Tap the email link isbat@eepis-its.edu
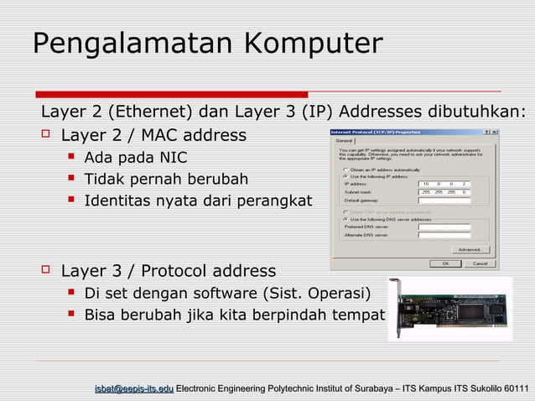tap(134, 388)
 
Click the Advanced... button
tap(470, 249)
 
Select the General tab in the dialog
tap(345, 141)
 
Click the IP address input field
tap(444, 184)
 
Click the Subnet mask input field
tap(444, 192)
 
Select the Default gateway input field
tap(444, 200)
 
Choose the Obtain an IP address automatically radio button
tap(345, 169)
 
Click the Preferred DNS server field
tap(444, 227)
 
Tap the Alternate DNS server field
tap(444, 236)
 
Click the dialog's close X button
tap(494, 133)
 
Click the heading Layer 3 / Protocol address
tap(169, 271)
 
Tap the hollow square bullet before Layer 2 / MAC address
tap(46, 135)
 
